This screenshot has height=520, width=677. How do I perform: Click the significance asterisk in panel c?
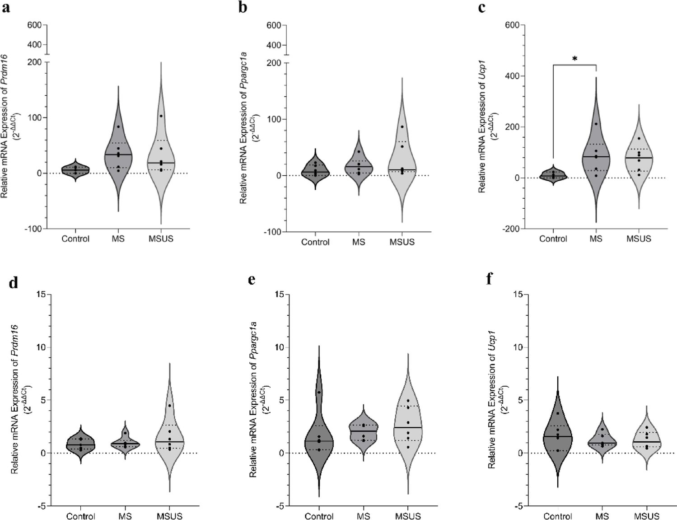(x=574, y=59)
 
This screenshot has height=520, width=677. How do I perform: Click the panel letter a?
(x=6, y=8)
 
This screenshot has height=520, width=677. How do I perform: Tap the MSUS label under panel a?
(x=161, y=239)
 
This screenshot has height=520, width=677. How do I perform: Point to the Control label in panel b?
(x=315, y=242)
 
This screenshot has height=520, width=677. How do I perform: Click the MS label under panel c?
(x=596, y=239)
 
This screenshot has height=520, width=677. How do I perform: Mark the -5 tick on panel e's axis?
(x=280, y=506)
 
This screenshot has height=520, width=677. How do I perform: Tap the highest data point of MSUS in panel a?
(x=161, y=116)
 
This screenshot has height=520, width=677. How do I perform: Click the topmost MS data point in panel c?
(x=596, y=124)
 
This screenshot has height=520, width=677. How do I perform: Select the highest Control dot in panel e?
(x=319, y=392)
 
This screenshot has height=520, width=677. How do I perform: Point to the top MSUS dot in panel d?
(x=170, y=405)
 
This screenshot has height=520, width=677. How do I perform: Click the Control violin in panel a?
(x=75, y=171)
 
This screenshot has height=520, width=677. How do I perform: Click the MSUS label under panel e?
(x=408, y=516)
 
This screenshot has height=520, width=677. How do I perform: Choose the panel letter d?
(x=14, y=282)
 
